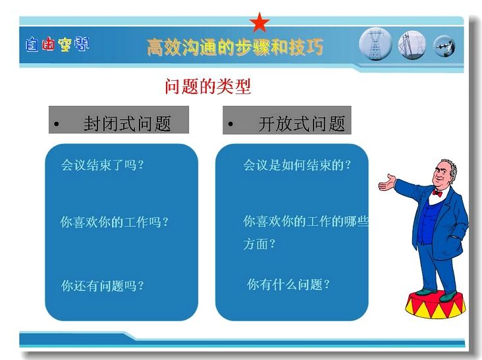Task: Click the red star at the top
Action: pos(259,22)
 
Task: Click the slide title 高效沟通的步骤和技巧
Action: pos(235,47)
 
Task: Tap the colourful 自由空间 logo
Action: pos(57,45)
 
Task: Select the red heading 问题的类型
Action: pos(208,86)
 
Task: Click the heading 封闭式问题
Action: pos(127,124)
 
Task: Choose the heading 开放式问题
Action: pos(302,124)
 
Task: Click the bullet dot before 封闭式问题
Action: pos(56,124)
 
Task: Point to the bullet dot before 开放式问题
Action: pos(230,124)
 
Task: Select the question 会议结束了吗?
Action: pos(102,165)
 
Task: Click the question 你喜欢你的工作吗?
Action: pos(115,222)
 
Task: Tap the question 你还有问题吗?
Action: pos(102,286)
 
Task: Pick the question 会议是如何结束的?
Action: pos(297,165)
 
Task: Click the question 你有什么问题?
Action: pos(288,284)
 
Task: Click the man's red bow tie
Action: pos(437,193)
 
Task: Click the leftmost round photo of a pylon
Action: pos(375,44)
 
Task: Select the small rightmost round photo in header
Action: pos(444,46)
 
